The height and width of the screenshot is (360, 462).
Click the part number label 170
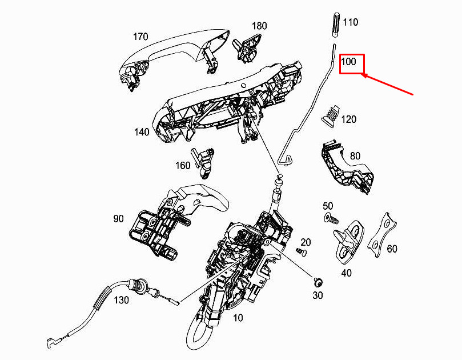tap(140, 37)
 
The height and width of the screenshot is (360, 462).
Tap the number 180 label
tap(259, 26)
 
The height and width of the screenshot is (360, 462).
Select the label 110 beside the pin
tap(350, 22)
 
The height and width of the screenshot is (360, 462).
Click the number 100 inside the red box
tap(348, 62)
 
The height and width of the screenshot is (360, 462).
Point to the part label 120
tap(349, 119)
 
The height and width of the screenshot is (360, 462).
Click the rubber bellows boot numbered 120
tap(331, 115)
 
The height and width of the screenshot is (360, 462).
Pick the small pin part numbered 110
tap(336, 25)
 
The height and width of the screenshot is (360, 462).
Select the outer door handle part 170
tap(175, 59)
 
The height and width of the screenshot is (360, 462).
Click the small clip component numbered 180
tap(247, 47)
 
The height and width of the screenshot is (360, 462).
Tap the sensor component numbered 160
tap(202, 163)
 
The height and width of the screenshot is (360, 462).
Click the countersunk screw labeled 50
tap(331, 218)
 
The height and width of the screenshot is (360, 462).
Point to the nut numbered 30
tap(318, 282)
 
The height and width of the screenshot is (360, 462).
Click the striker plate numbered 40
tap(348, 240)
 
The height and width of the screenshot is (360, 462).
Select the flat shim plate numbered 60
tap(382, 235)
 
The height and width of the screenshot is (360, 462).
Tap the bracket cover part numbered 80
tap(347, 167)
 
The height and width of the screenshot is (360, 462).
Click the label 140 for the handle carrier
tap(142, 132)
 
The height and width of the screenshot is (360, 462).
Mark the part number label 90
tap(118, 219)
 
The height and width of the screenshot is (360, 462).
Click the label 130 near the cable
tap(122, 300)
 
